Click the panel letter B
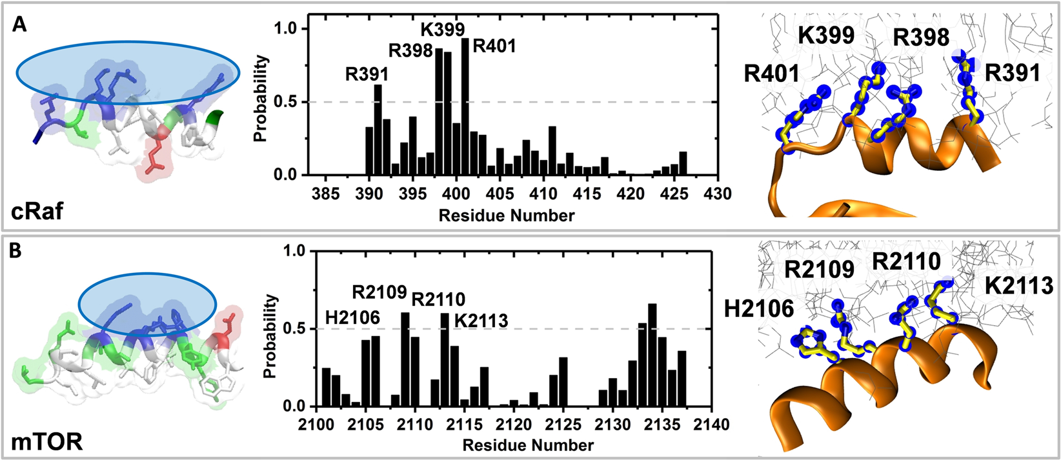[20, 250]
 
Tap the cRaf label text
[37, 210]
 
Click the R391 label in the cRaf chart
[367, 73]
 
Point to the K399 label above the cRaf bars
[443, 30]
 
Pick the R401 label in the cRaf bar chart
[494, 46]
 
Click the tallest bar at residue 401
[465, 106]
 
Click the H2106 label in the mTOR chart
[353, 316]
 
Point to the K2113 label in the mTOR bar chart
[481, 320]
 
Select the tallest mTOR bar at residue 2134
[652, 355]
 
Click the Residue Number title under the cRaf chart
[507, 215]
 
